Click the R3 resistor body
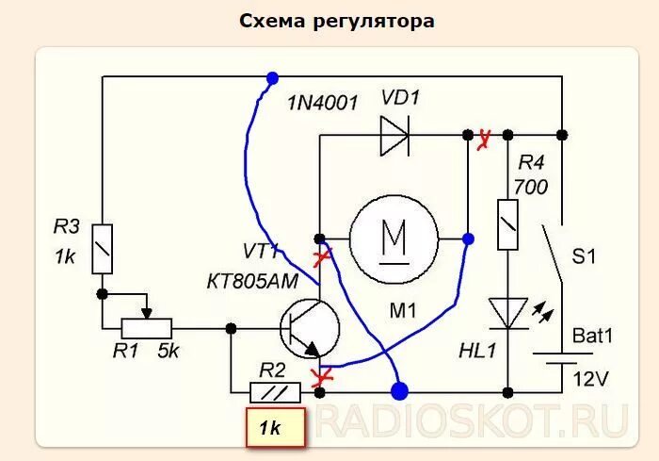coord(103,249)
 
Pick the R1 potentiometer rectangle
coord(146,328)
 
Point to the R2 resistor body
coord(275,390)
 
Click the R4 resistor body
coord(507,224)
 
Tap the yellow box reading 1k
coord(274,428)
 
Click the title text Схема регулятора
coord(337,21)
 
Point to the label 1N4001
coord(323,102)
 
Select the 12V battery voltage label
coord(590,379)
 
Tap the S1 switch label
coord(588,255)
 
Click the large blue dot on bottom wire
coord(400,389)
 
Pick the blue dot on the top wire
coord(272,77)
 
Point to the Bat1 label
coord(593,335)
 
